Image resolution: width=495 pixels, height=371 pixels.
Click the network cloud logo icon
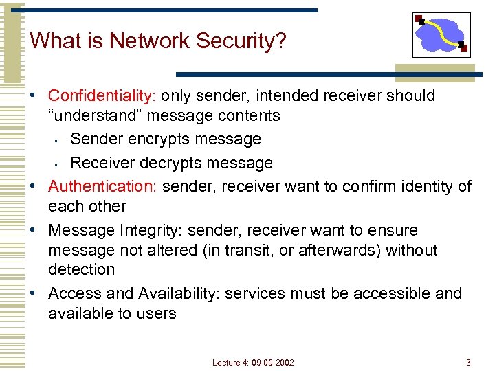(441, 34)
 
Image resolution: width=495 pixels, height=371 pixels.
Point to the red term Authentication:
(103, 186)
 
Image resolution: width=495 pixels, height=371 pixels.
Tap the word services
(254, 293)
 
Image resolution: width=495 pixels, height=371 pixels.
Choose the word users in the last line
(157, 313)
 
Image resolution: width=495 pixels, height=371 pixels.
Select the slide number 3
(468, 362)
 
